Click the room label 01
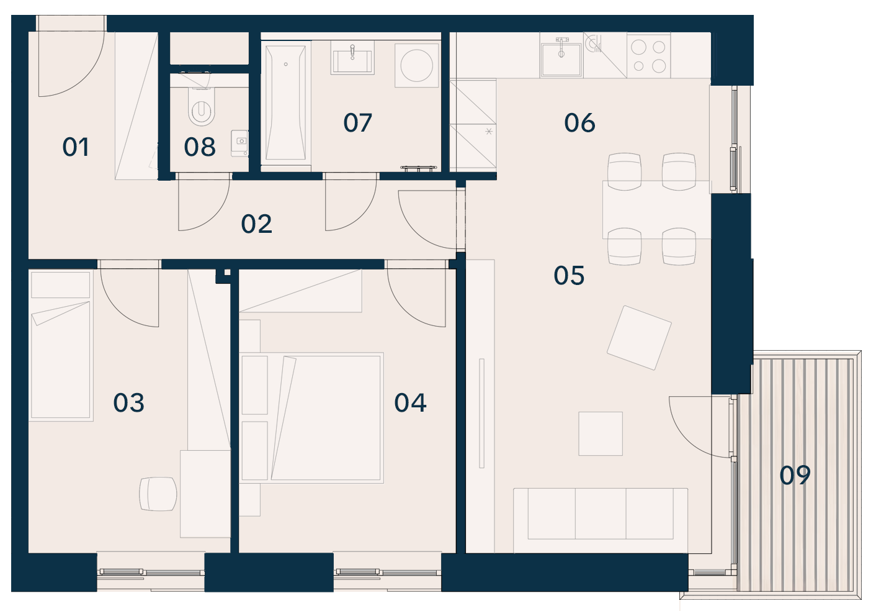point(76,147)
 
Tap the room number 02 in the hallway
point(257,224)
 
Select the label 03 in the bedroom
point(128,403)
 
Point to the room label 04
point(410,403)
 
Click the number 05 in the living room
point(569,276)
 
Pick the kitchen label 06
point(579,123)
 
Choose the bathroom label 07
point(357,123)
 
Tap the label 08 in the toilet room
point(199,147)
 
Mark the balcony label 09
point(795,475)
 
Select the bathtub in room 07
point(285,102)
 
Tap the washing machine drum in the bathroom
point(416,65)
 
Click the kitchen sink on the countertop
point(561,59)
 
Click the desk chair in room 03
point(158,494)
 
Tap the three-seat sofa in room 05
point(601,520)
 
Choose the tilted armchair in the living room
point(639,338)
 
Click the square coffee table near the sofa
point(601,433)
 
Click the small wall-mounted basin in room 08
point(239,143)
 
